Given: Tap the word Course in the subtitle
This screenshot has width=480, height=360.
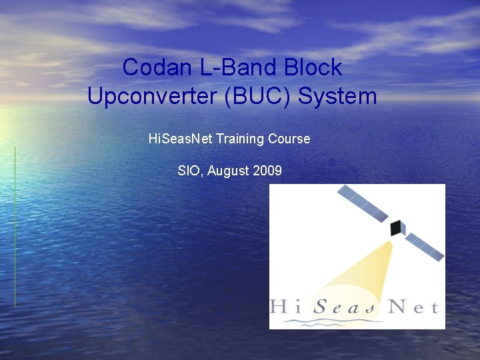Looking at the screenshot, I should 289,139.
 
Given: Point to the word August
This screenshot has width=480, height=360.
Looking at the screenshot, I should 229,171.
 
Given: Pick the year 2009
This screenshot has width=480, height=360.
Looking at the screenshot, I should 267,171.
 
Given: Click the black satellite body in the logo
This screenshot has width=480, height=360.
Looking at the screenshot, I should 397,227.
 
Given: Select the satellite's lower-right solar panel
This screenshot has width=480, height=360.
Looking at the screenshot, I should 425,246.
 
